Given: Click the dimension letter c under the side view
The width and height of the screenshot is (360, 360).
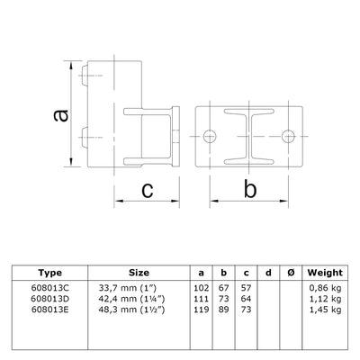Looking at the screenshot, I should point(146,190).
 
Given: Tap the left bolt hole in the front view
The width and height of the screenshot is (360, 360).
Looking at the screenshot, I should point(210,136).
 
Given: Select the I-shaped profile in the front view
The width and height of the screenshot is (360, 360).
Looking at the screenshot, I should point(248,136).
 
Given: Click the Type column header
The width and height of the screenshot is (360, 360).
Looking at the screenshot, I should point(50,272).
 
